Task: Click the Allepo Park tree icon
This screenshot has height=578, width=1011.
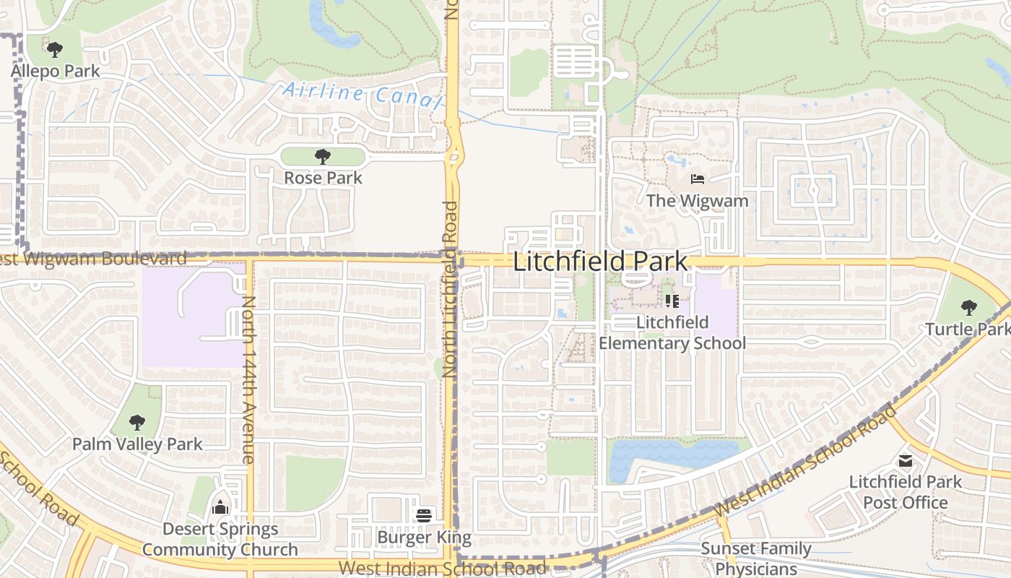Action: [x=54, y=50]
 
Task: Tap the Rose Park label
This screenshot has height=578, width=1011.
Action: [x=323, y=178]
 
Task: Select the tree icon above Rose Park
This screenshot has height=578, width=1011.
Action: [x=323, y=156]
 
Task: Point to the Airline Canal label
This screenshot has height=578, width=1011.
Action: [x=361, y=95]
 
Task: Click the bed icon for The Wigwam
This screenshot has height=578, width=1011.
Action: [x=697, y=178]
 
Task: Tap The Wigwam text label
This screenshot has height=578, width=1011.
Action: [x=697, y=200]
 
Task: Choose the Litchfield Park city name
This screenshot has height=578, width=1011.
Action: [x=600, y=262]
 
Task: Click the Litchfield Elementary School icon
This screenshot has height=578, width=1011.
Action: [x=672, y=301]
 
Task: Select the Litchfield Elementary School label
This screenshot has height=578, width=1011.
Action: [x=672, y=332]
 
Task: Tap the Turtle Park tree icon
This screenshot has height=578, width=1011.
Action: [x=968, y=308]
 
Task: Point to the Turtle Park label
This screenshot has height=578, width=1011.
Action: [x=968, y=329]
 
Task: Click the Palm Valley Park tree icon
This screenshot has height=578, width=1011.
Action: [x=137, y=422]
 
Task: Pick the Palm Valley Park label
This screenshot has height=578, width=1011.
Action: [x=137, y=444]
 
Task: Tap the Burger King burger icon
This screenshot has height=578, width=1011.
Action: [x=424, y=516]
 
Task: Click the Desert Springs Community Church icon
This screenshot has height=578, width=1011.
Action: [x=220, y=507]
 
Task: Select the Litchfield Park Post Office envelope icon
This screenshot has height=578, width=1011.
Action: [x=905, y=460]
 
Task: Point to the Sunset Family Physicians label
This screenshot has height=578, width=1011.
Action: [x=756, y=558]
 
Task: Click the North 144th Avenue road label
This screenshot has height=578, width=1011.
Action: [x=248, y=379]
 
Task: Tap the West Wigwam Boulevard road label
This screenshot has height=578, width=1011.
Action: [x=94, y=258]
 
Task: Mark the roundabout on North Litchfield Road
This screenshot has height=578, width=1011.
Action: [x=454, y=155]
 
